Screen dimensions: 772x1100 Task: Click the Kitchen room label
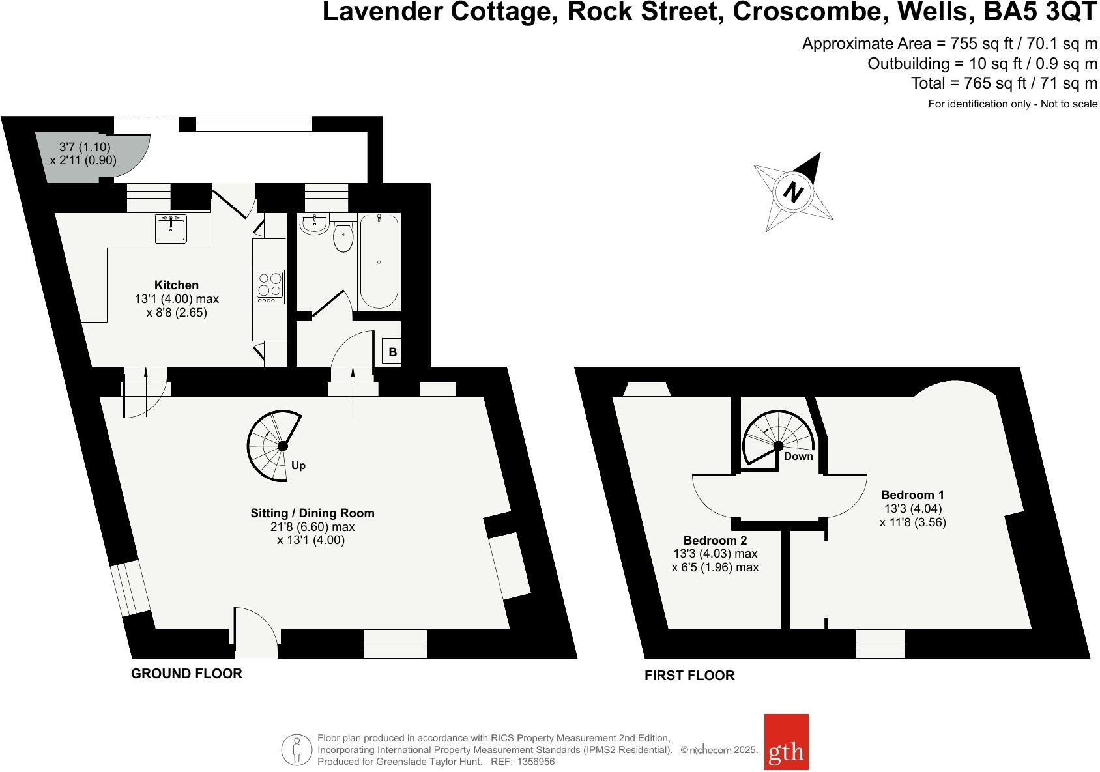tap(176, 285)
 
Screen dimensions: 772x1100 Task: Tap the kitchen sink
tap(171, 228)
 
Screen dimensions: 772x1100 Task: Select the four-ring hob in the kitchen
tap(270, 287)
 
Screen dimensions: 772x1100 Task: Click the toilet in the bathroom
tap(343, 238)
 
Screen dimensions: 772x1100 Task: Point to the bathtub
tap(379, 261)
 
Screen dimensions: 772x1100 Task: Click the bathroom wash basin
tap(314, 224)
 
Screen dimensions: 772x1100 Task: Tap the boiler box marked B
tap(392, 352)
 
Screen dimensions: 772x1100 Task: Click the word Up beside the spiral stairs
tap(298, 465)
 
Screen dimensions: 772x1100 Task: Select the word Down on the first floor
tap(798, 456)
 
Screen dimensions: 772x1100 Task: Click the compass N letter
tap(793, 193)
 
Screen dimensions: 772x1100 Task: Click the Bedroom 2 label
tap(715, 540)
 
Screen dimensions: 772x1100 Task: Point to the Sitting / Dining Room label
tap(312, 513)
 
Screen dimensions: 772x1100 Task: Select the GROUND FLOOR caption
tap(186, 674)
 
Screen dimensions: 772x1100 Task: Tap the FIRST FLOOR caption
tap(689, 676)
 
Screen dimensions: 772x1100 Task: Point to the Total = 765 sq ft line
tap(1004, 83)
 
